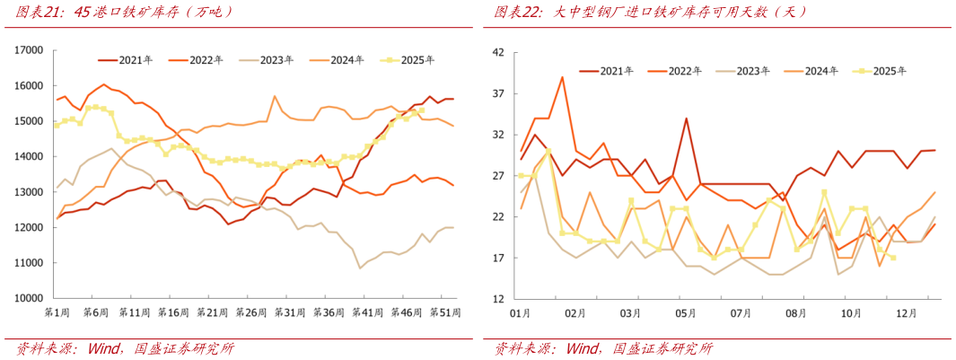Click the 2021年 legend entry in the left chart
126,60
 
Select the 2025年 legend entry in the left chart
408,60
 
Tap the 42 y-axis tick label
498,52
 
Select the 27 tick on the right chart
498,176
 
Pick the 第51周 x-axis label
445,312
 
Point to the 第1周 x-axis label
56,312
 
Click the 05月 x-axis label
686,313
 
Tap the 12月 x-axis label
907,313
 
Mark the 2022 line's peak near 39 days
562,77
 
